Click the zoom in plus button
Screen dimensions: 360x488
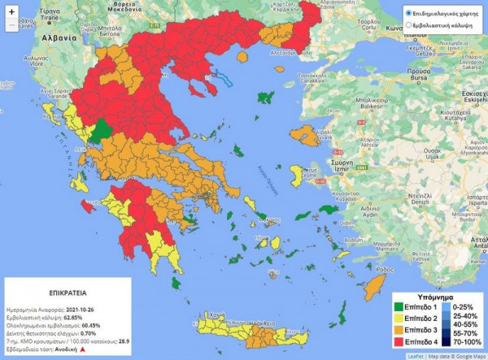tap(11, 11)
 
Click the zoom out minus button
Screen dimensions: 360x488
tap(11, 25)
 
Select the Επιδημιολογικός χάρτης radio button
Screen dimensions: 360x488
tap(409, 14)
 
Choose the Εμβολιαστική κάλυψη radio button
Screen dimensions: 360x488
tap(409, 26)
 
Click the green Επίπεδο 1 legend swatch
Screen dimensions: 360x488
tap(401, 306)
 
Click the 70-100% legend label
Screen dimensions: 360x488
tap(466, 343)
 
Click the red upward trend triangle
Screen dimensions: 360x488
tap(82, 349)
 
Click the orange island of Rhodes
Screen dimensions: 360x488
tap(375, 285)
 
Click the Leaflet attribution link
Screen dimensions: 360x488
tap(416, 356)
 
